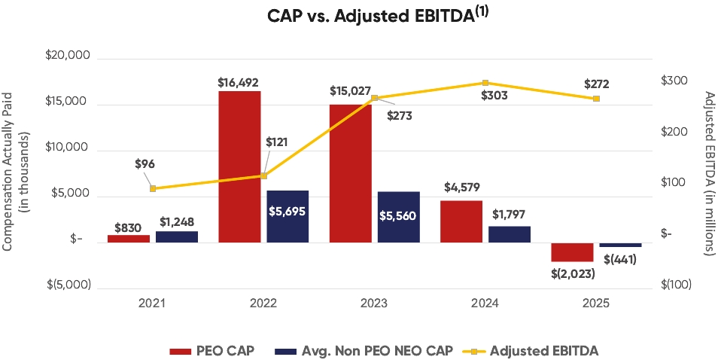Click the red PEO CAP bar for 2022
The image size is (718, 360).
pos(239,166)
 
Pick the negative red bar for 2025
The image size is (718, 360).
pos(572,252)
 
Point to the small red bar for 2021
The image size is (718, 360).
pos(129,238)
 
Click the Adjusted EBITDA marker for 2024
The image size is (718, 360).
pos(485,83)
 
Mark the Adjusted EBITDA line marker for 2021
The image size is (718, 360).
pos(153,188)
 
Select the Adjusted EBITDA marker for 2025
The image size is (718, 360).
pos(596,99)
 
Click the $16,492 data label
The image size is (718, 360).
pos(239,82)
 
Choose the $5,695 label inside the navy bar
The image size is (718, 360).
pos(288,211)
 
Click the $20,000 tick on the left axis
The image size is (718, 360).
pos(68,56)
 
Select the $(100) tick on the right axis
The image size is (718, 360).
pos(676,285)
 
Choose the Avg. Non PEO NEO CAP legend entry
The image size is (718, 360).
pos(364,350)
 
